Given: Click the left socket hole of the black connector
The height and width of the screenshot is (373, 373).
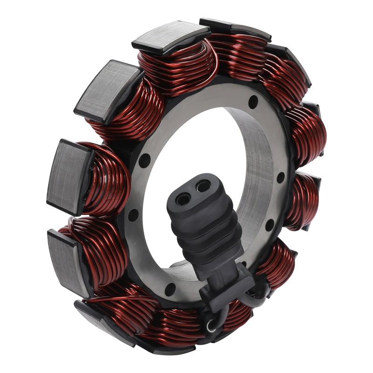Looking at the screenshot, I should [x=183, y=199].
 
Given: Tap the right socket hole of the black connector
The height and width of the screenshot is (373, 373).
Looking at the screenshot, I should [x=203, y=186].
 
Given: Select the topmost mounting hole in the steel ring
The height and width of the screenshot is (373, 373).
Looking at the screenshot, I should [x=253, y=101].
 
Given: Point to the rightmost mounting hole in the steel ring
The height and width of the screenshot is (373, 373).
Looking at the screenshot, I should [x=280, y=178].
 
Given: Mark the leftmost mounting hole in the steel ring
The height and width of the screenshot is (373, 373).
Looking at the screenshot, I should [x=133, y=215].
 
